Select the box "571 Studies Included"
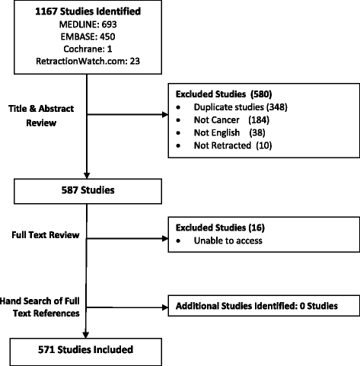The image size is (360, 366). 90,350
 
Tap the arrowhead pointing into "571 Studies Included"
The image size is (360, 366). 90,334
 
